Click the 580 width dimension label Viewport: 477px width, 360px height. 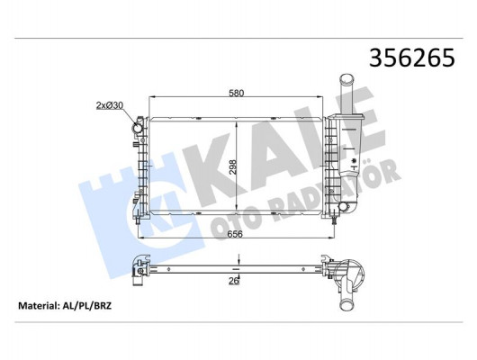pyautogui.click(x=237, y=92)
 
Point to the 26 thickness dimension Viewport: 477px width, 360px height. pyautogui.click(x=236, y=281)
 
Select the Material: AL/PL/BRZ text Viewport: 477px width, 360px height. pyautogui.click(x=67, y=306)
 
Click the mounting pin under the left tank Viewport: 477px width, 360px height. pyautogui.click(x=139, y=220)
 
